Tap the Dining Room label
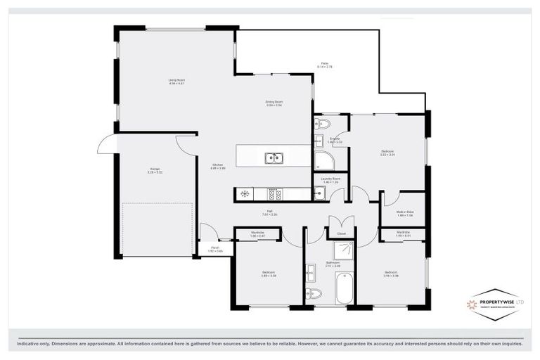274,102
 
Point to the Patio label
325,64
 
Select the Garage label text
155,169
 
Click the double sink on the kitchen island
274,158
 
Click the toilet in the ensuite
322,124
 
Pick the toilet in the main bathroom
314,292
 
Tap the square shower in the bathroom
344,250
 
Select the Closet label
341,233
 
